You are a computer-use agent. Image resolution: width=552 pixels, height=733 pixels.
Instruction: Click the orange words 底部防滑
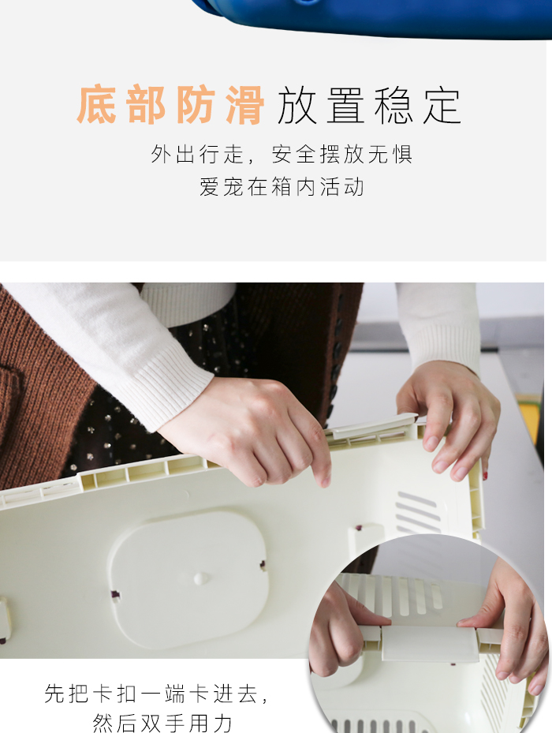(170, 106)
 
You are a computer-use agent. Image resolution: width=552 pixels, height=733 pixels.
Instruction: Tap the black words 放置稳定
(368, 106)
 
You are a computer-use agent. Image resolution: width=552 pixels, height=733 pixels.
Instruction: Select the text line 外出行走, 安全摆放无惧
(282, 154)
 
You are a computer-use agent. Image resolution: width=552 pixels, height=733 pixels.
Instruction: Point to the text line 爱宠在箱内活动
(282, 188)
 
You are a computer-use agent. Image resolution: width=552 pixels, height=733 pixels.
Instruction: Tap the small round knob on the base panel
(201, 578)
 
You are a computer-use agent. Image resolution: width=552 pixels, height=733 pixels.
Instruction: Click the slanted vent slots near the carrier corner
(418, 513)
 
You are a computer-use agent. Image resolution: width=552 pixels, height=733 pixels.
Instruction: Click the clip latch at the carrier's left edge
(5, 619)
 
